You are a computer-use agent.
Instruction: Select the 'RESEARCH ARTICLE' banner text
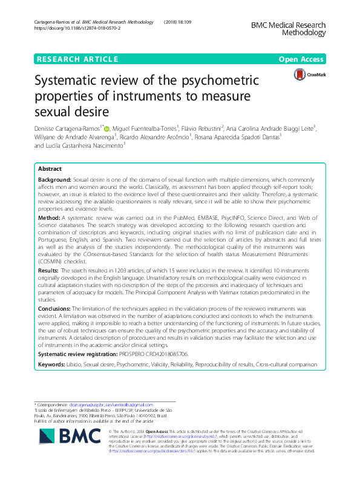click(77, 59)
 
